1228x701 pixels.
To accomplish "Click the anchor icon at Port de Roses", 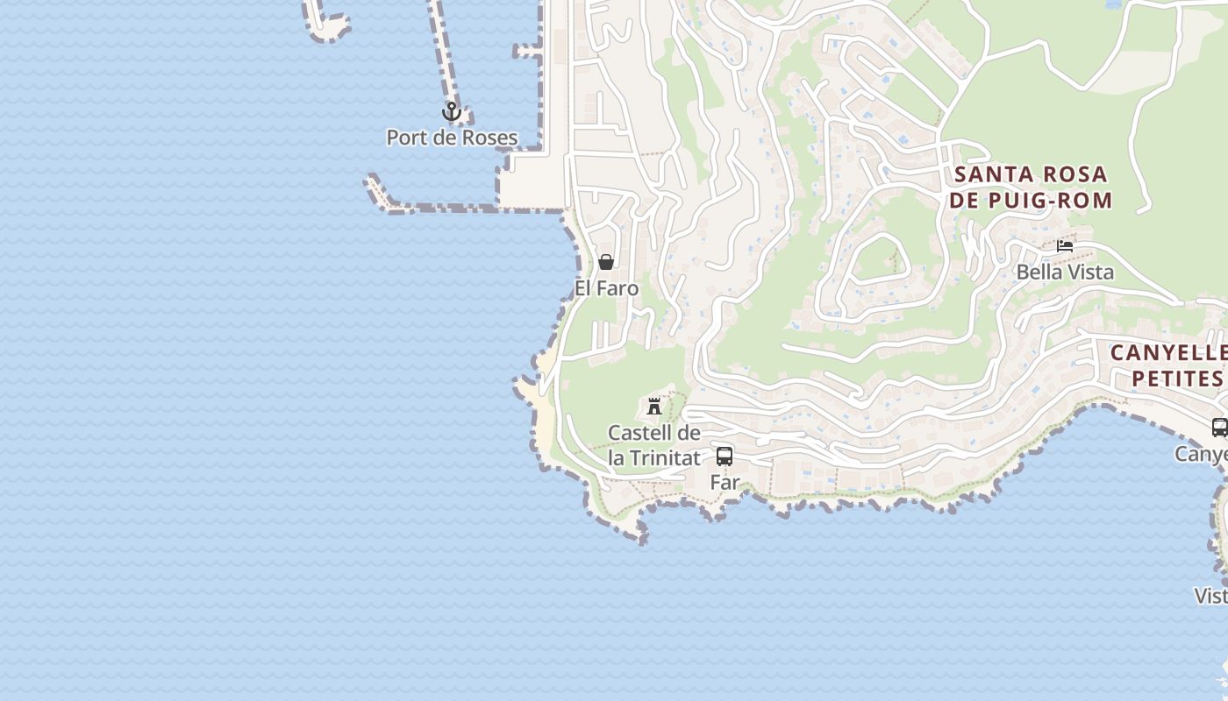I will click(x=451, y=111).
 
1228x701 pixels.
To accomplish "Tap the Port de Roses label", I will click(x=452, y=138).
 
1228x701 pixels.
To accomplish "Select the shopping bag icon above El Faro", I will click(x=605, y=262).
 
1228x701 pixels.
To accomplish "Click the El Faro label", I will click(x=606, y=288).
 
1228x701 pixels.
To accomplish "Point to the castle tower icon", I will click(x=654, y=406).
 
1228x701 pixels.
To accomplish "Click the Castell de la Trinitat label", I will click(x=654, y=445).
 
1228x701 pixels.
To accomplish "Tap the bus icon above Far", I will click(x=725, y=456).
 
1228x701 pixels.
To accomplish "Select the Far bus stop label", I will click(x=725, y=482).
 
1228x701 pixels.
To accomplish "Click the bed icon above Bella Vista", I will click(x=1065, y=246).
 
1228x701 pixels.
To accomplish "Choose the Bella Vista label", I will click(x=1065, y=273).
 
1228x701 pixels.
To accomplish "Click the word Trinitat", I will click(x=664, y=458).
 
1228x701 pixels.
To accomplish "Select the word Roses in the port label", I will click(x=488, y=138).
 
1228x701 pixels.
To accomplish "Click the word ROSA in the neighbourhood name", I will click(x=1074, y=174).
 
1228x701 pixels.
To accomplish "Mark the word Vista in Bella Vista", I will click(x=1090, y=273).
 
